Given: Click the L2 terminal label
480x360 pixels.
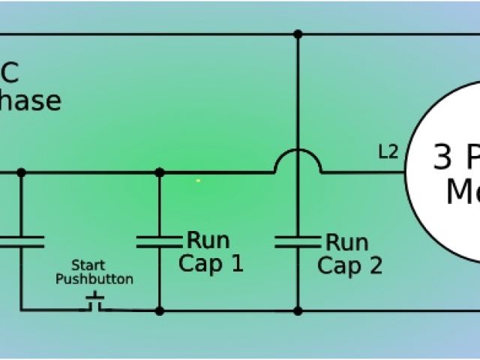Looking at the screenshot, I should pos(388,153).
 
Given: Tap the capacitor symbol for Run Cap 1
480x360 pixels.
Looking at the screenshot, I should pos(159,241).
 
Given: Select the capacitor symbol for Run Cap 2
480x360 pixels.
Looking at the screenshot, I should pos(298,241).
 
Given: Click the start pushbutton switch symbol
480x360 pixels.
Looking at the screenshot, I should pos(95,302).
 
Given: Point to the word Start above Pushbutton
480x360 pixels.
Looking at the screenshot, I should pos(88,265).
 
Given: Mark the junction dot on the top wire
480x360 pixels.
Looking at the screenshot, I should pos(298,34).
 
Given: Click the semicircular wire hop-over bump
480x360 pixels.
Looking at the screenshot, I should pos(298,160).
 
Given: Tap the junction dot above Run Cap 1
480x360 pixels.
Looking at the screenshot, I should pos(159,172).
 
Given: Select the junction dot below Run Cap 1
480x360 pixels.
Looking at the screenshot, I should pos(159,309).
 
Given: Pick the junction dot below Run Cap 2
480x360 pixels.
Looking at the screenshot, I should pos(298,309).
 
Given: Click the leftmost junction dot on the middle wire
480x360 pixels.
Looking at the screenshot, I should pos(21,172).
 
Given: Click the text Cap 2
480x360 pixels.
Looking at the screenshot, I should pos(349,265).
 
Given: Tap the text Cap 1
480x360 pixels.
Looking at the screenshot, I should pos(211,265).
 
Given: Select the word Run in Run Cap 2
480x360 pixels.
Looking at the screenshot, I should pos(346,242).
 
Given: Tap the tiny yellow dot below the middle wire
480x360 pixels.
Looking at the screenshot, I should pos(198,181).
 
